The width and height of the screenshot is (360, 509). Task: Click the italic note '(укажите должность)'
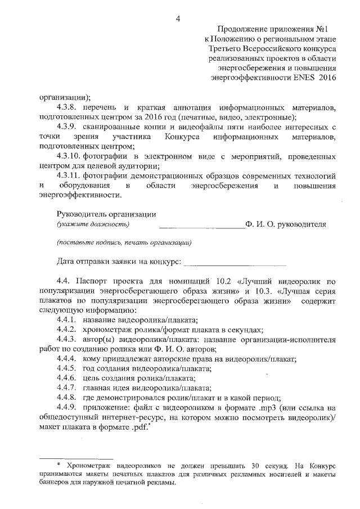pyautogui.click(x=93, y=224)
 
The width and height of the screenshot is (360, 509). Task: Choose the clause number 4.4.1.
pyautogui.click(x=67, y=319)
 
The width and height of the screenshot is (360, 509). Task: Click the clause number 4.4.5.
pyautogui.click(x=67, y=368)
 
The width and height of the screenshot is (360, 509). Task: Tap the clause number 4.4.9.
pyautogui.click(x=67, y=408)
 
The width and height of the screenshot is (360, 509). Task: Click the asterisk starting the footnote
pyautogui.click(x=59, y=465)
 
